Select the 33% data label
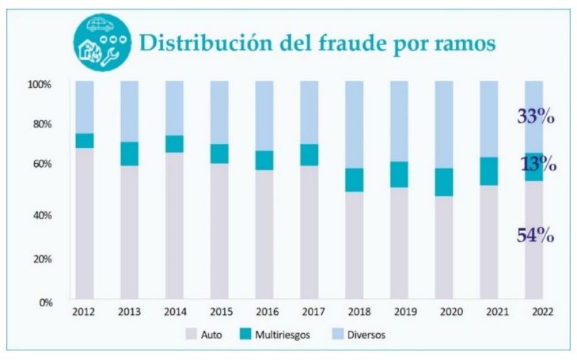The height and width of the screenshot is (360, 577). pos(535,117)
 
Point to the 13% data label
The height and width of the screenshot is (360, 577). pos(538,165)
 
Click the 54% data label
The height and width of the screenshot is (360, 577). pos(535,235)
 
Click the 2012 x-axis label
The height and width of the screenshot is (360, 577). pos(84,312)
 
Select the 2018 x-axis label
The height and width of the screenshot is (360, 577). pos(355,312)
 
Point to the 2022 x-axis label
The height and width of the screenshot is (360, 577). pos(534,312)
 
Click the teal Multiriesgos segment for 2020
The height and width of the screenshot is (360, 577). pos(444,182)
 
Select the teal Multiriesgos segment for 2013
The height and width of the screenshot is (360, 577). pos(129,153)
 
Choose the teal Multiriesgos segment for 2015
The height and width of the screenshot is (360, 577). pos(219,153)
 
